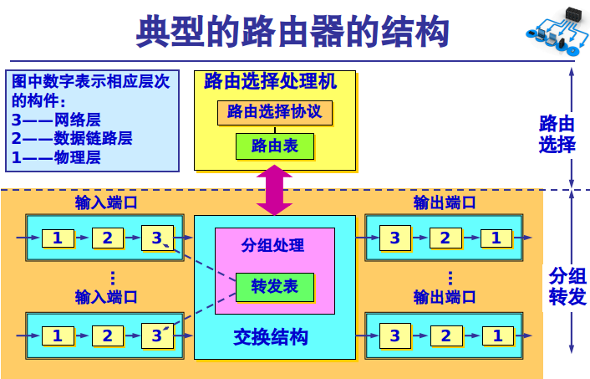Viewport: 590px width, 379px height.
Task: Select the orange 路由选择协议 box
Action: (275, 112)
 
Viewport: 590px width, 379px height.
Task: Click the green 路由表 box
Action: (274, 146)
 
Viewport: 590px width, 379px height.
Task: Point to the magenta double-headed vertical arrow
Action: (274, 190)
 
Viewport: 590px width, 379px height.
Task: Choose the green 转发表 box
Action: (274, 286)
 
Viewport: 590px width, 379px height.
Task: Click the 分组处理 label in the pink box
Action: (273, 246)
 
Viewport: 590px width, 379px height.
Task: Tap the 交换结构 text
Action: (270, 337)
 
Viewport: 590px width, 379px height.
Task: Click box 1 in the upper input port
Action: (58, 238)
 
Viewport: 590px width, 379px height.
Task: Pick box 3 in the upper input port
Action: (156, 238)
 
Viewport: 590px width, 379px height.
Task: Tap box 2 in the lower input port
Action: (107, 336)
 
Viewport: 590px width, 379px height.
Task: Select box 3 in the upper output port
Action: (395, 238)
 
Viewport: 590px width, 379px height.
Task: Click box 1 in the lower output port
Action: (498, 336)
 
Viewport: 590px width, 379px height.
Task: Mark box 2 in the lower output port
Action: (446, 336)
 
